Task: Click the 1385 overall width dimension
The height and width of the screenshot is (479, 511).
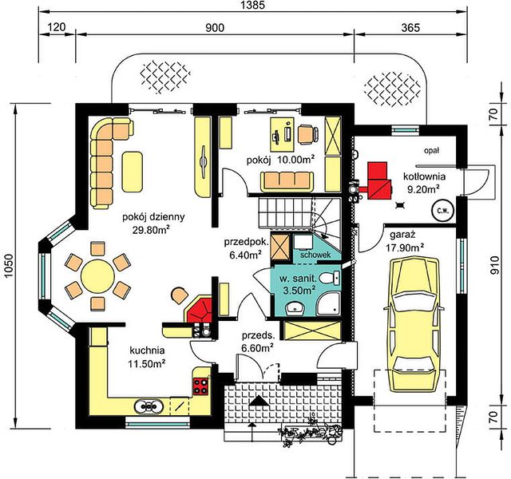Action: [253, 5]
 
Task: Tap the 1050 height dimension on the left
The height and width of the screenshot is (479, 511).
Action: [9, 266]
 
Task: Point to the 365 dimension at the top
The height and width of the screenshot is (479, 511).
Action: [410, 28]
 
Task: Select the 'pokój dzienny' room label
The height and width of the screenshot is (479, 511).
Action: [153, 217]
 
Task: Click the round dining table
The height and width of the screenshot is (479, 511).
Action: [97, 276]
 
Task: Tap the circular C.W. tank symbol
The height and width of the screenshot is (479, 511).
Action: [443, 211]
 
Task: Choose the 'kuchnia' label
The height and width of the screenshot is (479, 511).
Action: [147, 350]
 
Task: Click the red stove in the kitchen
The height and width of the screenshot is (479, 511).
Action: [201, 386]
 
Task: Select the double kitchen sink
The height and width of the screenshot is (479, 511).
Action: [149, 406]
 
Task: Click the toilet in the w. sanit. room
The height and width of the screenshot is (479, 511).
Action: [330, 278]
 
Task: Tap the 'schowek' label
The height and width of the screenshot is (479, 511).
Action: [315, 255]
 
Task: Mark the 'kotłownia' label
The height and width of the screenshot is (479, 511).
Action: [424, 176]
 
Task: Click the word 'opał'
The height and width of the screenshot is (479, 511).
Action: [432, 150]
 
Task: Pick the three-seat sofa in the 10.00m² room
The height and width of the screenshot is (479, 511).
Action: [287, 182]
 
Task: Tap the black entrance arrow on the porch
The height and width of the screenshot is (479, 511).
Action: [259, 401]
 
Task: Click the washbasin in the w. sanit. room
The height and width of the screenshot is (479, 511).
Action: [295, 308]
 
